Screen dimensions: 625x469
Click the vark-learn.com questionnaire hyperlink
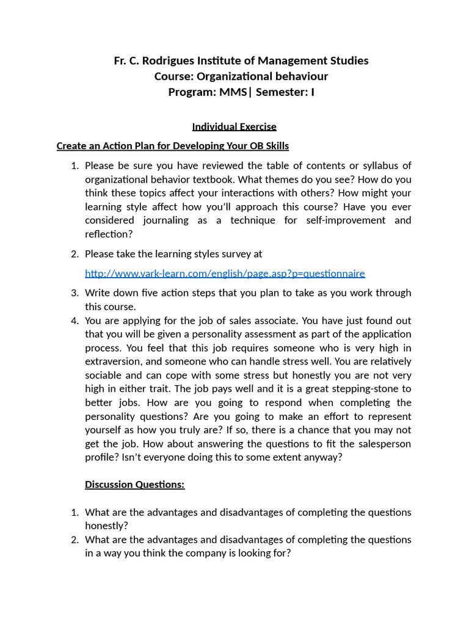click(x=225, y=273)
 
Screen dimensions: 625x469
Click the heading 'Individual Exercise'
click(x=234, y=127)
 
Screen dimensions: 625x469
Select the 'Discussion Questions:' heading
click(x=134, y=485)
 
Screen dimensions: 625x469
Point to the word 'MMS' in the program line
click(x=233, y=92)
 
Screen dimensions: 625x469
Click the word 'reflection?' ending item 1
click(x=108, y=234)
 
